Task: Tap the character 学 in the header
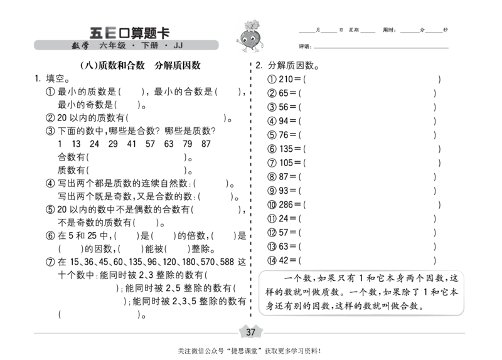click(x=85, y=46)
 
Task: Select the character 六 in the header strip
click(x=104, y=46)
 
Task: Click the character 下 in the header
click(x=146, y=46)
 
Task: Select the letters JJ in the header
click(x=178, y=46)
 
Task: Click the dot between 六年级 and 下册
click(x=134, y=46)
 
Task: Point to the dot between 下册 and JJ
click(x=166, y=46)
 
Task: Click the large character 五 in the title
click(x=96, y=33)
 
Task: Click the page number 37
click(x=250, y=332)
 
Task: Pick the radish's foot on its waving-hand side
click(x=244, y=51)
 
